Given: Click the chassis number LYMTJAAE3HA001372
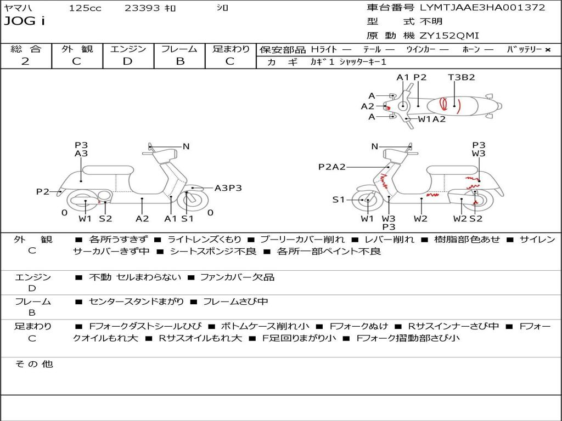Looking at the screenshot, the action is point(482,8).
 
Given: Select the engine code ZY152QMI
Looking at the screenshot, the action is point(449,36).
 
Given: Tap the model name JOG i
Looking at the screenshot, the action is point(25,21).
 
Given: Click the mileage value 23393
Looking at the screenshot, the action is point(142,8).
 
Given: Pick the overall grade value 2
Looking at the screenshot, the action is point(26,61).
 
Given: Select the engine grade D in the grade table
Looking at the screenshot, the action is point(128,61).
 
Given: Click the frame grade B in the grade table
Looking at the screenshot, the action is point(179,61).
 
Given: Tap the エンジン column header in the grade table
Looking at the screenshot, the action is point(128,49).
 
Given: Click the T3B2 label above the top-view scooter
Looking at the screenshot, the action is point(461,77).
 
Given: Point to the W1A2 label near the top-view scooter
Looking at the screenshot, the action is point(431,119).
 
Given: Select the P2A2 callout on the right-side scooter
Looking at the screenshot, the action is point(331,167).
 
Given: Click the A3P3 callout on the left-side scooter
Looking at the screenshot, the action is point(228,188).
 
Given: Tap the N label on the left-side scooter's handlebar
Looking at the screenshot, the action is point(186,146).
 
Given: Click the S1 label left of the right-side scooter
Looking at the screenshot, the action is point(339,200).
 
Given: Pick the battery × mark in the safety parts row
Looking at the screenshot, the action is point(547,49).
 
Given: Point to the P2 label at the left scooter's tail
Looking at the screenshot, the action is point(43,191).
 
